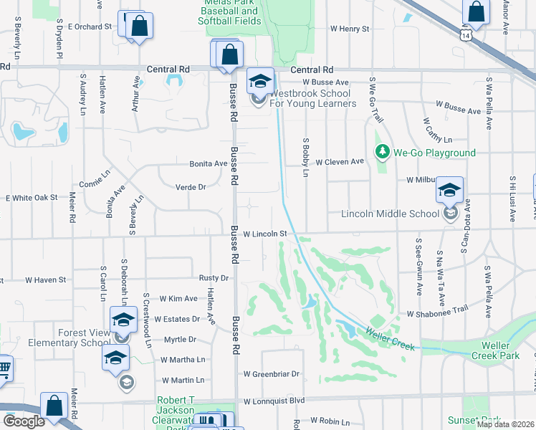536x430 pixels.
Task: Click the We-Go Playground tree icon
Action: [x=381, y=152]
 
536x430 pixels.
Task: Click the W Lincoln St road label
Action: [x=264, y=234]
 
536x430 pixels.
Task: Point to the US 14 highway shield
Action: [x=466, y=34]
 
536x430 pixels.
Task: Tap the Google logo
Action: [x=24, y=421]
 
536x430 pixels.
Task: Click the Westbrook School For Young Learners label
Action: [x=312, y=98]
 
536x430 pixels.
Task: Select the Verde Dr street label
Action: [x=191, y=187]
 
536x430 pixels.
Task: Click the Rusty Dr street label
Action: [x=214, y=277]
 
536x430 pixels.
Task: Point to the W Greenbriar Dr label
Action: [x=270, y=374]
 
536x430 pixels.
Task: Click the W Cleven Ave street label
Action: [x=340, y=162]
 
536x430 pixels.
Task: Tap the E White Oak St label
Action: [x=31, y=197]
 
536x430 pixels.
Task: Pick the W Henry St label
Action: [x=349, y=29]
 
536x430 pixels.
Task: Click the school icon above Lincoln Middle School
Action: [x=449, y=190]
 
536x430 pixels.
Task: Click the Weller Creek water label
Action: [x=390, y=339]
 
